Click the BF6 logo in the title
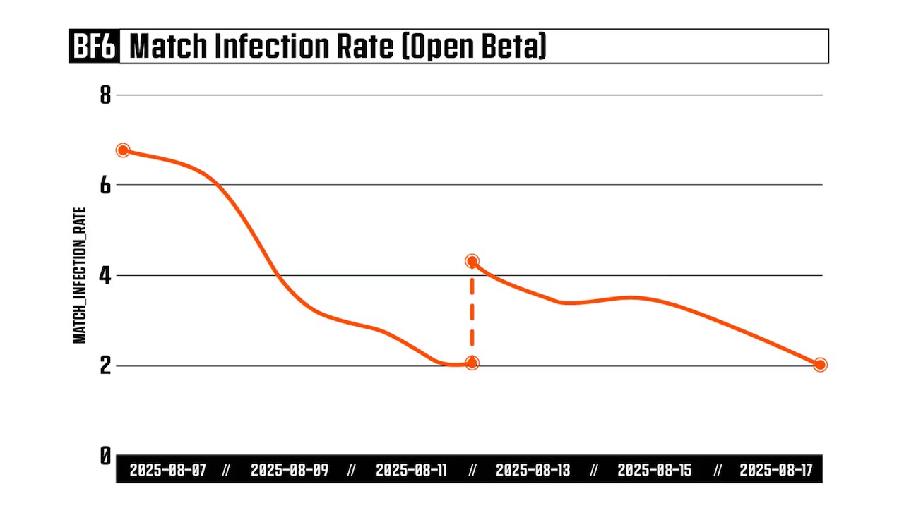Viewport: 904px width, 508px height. (x=95, y=47)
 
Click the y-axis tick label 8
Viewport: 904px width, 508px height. (x=105, y=95)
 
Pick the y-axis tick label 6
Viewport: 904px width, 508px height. (x=105, y=185)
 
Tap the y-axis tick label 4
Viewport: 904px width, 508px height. (x=105, y=275)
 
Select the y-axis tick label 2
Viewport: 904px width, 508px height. (x=105, y=365)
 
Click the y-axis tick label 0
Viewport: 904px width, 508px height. (x=105, y=456)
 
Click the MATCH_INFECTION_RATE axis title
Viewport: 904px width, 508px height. (x=81, y=275)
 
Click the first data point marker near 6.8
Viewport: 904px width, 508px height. (x=123, y=150)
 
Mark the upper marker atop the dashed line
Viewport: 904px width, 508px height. (x=472, y=261)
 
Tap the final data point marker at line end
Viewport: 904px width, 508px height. (x=820, y=365)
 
